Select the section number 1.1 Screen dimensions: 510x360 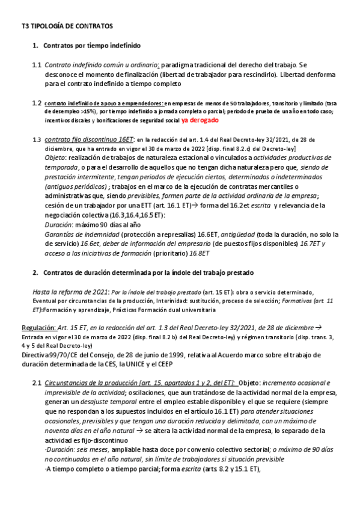pos(37,64)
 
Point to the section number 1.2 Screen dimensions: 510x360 pos(37,103)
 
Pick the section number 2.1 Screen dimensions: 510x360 pos(37,382)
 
